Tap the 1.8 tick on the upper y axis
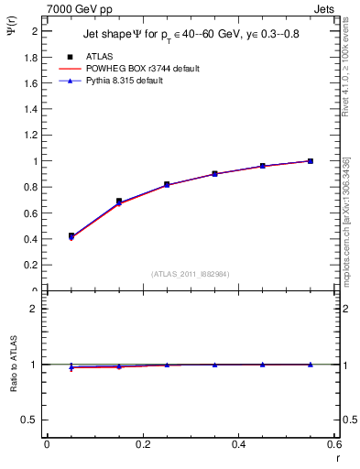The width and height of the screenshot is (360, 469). pos(32,57)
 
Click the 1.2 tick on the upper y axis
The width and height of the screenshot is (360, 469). pos(32,136)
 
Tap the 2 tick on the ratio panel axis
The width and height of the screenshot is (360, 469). pos(35,309)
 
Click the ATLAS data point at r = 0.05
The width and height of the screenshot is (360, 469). pos(71,236)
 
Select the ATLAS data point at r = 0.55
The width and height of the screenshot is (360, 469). pos(311,161)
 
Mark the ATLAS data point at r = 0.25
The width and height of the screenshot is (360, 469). pos(167,184)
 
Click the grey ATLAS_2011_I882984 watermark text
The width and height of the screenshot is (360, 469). pos(191,273)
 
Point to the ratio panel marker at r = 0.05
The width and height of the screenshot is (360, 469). pos(71,367)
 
